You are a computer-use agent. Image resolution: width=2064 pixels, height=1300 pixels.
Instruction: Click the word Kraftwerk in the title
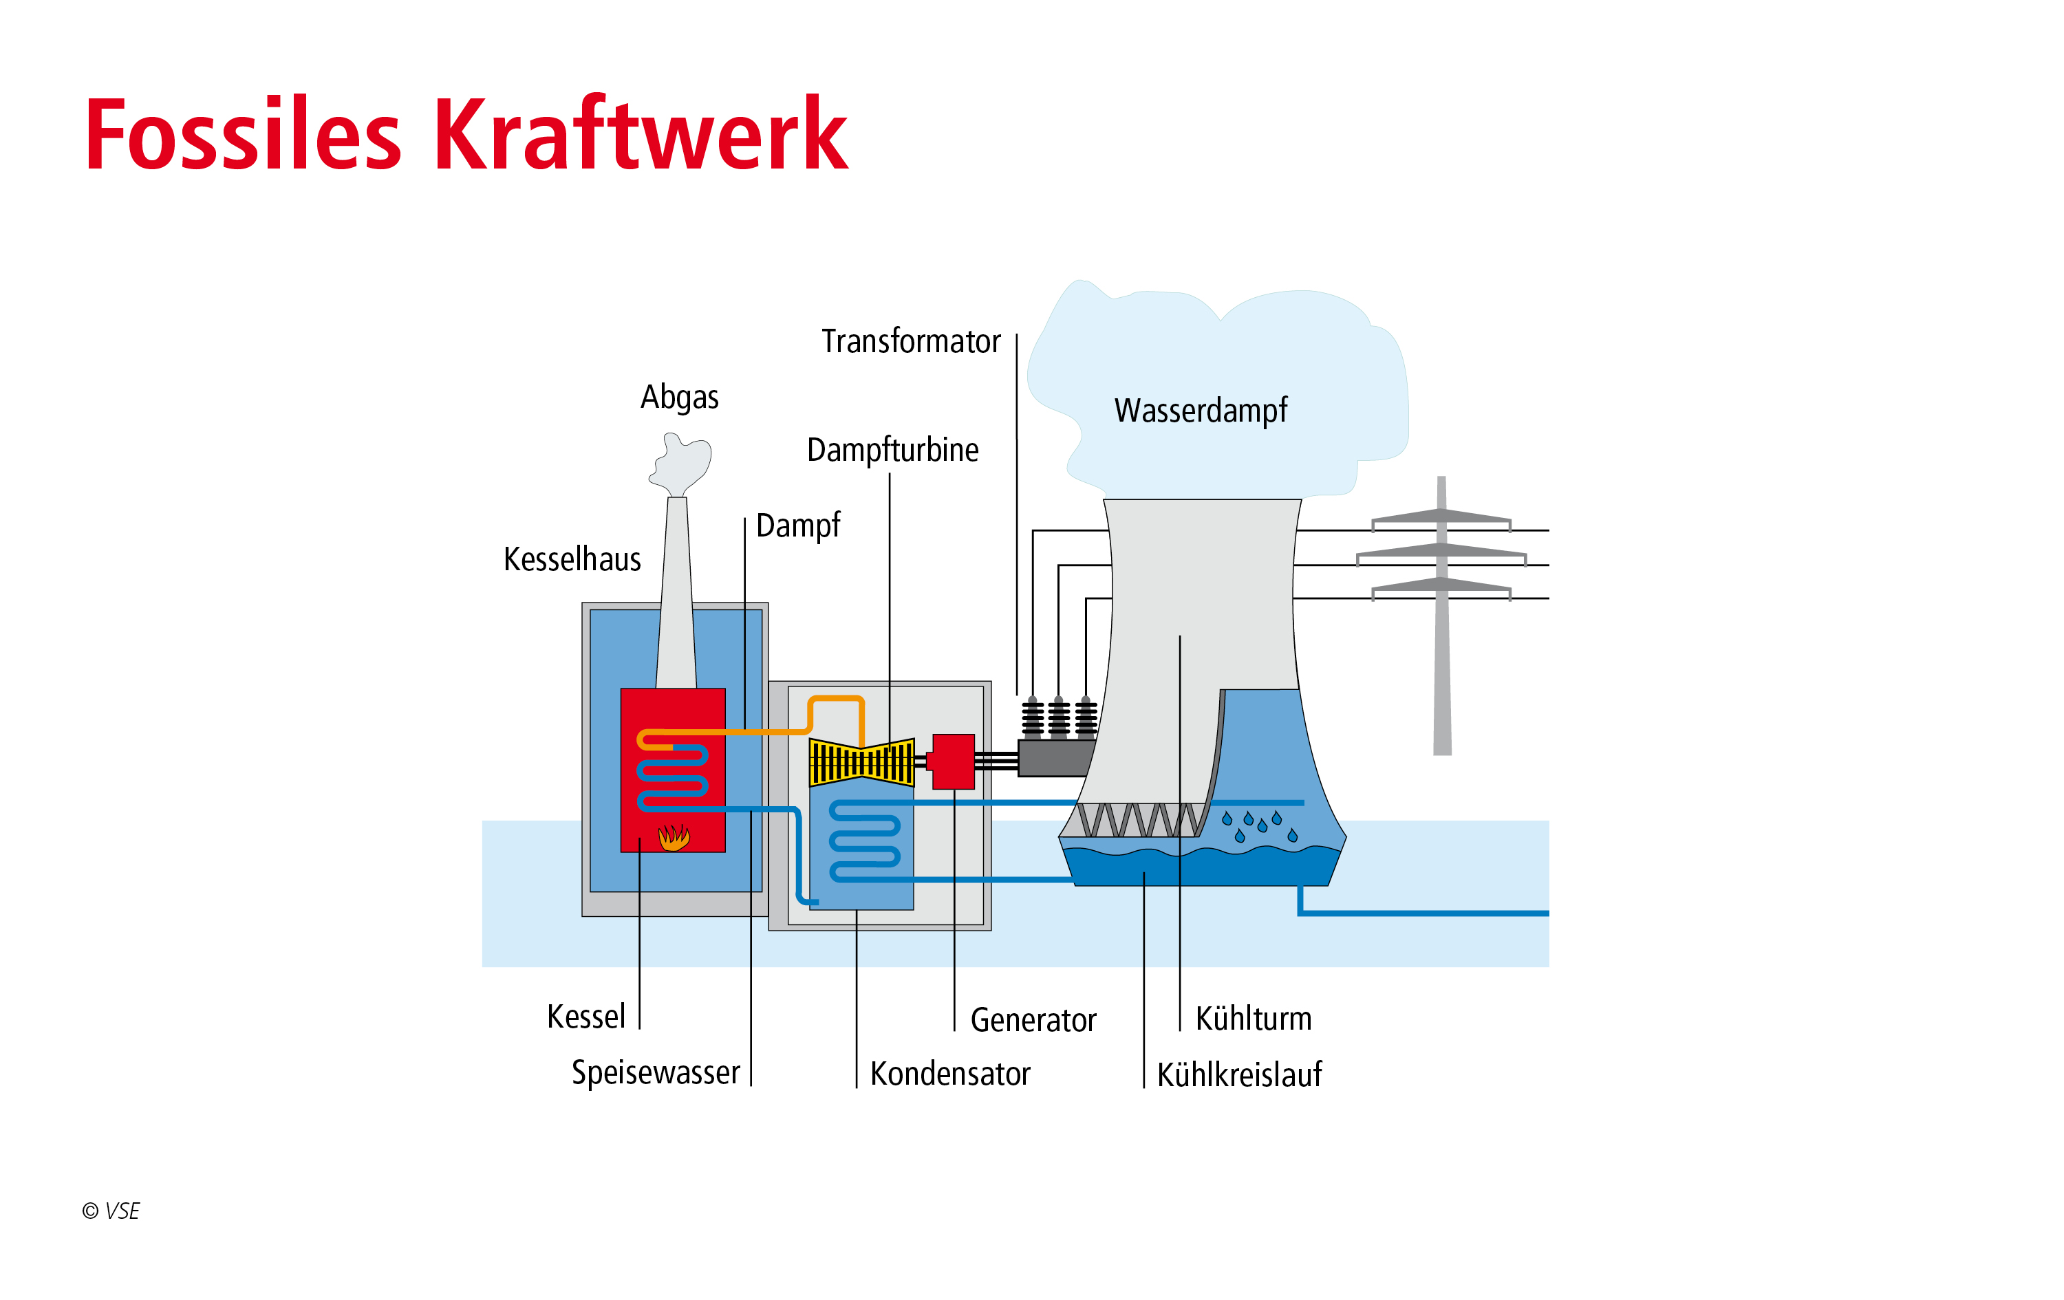(641, 135)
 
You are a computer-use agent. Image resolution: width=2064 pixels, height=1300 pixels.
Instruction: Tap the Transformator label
(910, 341)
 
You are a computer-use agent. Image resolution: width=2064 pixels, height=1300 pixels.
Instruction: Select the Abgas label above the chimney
(680, 398)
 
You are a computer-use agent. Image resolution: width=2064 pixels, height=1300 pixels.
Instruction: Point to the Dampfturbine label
(892, 450)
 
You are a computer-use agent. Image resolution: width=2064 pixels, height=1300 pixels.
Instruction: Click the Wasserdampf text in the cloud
(1200, 411)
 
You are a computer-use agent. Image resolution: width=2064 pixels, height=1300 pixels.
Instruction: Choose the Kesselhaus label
(572, 560)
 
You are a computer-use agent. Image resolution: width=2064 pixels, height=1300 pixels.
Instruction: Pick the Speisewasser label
(656, 1072)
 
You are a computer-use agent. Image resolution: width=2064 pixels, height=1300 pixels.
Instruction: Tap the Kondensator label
(949, 1074)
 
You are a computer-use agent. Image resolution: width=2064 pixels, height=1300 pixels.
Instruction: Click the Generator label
(1033, 1020)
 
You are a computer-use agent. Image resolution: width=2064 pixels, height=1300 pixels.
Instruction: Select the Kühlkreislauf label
(1238, 1074)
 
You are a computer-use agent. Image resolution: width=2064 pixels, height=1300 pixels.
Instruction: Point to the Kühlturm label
(1253, 1019)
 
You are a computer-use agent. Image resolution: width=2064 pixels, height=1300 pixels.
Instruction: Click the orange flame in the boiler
(674, 836)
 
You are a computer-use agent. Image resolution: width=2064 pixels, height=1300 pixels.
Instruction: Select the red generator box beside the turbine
(953, 761)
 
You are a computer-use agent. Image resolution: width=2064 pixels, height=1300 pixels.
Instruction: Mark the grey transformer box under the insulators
(1054, 759)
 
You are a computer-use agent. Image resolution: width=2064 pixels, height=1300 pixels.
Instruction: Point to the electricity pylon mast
(1442, 651)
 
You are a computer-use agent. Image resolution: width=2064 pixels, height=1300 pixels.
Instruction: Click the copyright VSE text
(111, 1210)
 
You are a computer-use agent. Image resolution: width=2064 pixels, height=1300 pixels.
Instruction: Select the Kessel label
(586, 1017)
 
